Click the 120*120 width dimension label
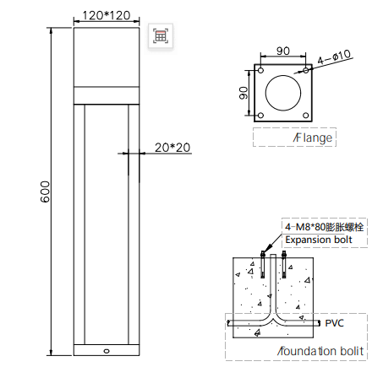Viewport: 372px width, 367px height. point(107,15)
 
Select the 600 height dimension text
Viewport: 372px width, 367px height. point(45,192)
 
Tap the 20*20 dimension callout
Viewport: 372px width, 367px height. point(172,148)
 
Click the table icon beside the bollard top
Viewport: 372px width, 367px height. point(161,35)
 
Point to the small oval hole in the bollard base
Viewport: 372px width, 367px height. point(107,351)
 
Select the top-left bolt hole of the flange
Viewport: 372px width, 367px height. point(260,70)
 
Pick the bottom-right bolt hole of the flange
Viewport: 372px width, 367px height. point(306,116)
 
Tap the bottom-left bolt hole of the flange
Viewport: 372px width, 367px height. point(260,116)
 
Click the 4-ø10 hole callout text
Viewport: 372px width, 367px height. point(334,57)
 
